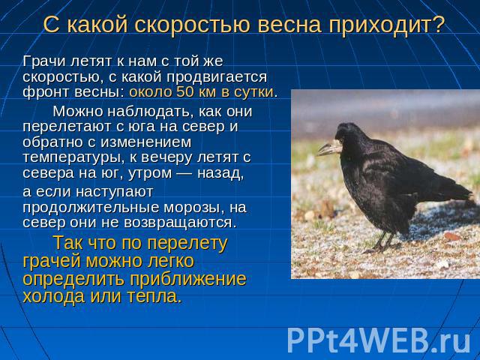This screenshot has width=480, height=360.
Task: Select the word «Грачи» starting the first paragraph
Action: [x=44, y=61]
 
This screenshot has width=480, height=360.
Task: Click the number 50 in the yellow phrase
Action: [x=185, y=91]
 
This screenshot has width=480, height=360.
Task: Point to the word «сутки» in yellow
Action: [x=253, y=92]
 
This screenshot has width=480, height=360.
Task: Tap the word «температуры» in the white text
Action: [x=73, y=158]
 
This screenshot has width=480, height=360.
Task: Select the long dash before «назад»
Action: [x=184, y=173]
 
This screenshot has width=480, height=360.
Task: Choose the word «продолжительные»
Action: [x=91, y=208]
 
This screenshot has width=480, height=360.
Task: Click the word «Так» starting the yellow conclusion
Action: [x=68, y=243]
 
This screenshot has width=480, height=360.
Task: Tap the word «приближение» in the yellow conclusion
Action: [x=188, y=280]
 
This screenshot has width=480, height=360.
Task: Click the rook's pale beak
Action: [x=329, y=148]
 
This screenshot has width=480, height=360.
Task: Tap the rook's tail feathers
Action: [x=456, y=193]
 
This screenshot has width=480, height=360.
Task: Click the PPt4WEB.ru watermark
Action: [x=378, y=340]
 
